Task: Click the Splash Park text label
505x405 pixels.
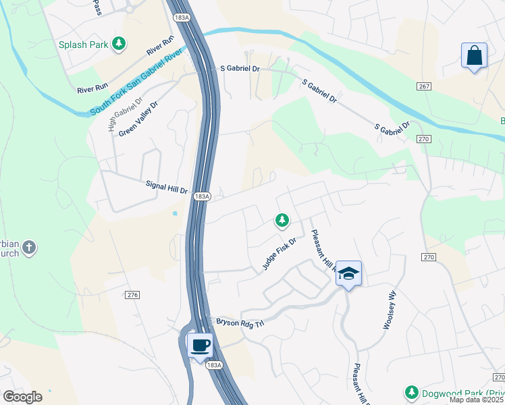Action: pyautogui.click(x=83, y=45)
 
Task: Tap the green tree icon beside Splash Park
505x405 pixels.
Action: pyautogui.click(x=119, y=44)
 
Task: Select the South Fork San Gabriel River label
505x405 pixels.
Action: pyautogui.click(x=136, y=82)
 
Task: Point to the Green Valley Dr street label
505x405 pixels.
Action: pyautogui.click(x=138, y=120)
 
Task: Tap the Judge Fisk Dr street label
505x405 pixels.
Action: pyautogui.click(x=280, y=254)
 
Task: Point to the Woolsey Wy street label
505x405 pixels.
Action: pyautogui.click(x=389, y=310)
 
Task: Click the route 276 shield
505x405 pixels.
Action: pyautogui.click(x=132, y=295)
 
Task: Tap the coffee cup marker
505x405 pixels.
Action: pyautogui.click(x=200, y=346)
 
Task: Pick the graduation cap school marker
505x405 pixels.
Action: pyautogui.click(x=348, y=273)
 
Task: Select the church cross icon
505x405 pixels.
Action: pyautogui.click(x=28, y=248)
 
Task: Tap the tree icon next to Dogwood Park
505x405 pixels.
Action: pyautogui.click(x=411, y=392)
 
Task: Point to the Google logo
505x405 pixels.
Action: pyautogui.click(x=22, y=397)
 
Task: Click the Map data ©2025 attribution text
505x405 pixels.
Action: pyautogui.click(x=477, y=400)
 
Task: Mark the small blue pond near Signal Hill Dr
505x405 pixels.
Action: pyautogui.click(x=176, y=213)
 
